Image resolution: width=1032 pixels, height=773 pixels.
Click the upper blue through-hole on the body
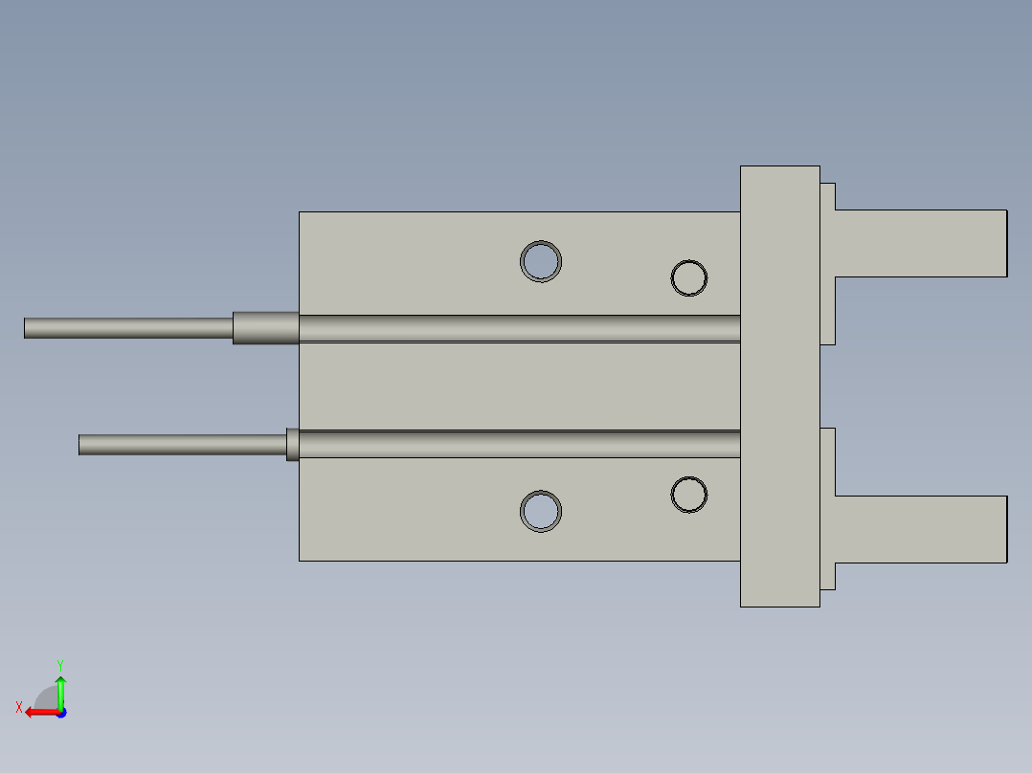point(540,261)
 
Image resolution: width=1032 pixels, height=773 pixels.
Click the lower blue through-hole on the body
point(540,511)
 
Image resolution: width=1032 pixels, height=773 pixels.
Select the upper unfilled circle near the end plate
point(689,260)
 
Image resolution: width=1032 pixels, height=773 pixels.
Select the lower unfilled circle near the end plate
point(689,476)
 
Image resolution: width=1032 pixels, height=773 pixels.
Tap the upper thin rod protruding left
point(128,328)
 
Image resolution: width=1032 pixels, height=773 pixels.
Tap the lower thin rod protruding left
point(182,445)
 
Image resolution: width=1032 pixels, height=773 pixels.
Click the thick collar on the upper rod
point(266,327)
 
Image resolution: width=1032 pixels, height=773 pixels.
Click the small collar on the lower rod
point(292,445)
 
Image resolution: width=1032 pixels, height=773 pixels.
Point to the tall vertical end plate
point(780,386)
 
